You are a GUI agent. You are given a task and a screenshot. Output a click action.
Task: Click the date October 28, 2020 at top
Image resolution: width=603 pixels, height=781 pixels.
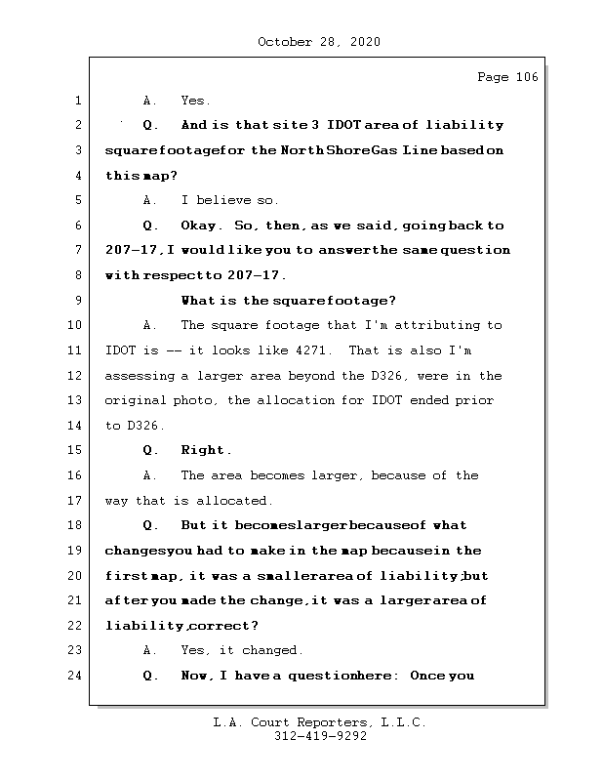click(x=318, y=42)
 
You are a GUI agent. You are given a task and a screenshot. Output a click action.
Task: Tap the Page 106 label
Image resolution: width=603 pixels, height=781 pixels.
click(x=506, y=77)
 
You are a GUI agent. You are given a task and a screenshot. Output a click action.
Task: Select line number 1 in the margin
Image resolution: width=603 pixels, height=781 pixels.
click(x=76, y=101)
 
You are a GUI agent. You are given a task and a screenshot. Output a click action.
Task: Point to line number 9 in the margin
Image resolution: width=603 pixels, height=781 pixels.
click(x=76, y=301)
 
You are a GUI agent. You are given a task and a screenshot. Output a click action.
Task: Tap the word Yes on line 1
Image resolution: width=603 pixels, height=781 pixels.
click(x=195, y=101)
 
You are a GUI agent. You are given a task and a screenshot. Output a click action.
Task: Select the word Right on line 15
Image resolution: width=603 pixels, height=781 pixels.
click(x=206, y=451)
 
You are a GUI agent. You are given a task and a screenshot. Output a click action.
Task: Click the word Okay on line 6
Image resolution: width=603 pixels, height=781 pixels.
click(x=202, y=226)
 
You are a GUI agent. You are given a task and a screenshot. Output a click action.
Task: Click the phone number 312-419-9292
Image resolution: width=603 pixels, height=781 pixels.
click(x=321, y=737)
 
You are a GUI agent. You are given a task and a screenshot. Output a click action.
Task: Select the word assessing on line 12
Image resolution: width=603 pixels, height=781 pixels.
click(x=140, y=376)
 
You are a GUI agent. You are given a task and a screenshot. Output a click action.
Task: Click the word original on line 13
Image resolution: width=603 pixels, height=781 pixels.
click(x=136, y=400)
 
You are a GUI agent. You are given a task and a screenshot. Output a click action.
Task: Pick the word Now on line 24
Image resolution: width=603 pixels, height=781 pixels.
click(x=196, y=676)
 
